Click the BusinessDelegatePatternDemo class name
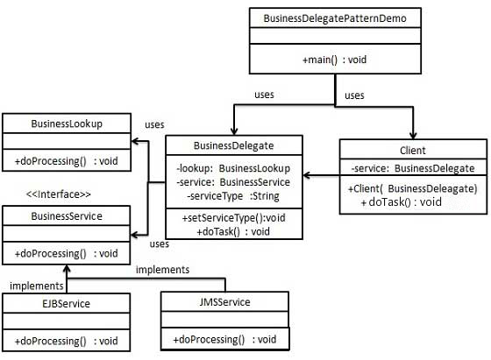point(334,18)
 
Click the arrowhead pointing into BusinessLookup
point(135,139)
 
